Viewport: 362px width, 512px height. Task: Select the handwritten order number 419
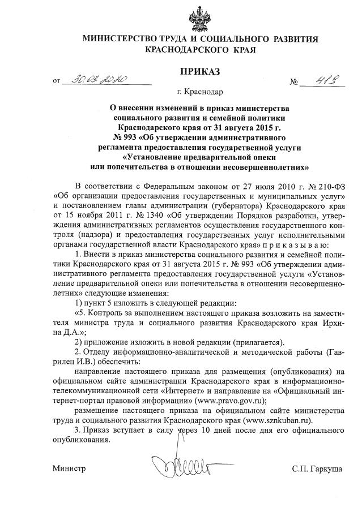320,80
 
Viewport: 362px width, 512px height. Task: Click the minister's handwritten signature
181,466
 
